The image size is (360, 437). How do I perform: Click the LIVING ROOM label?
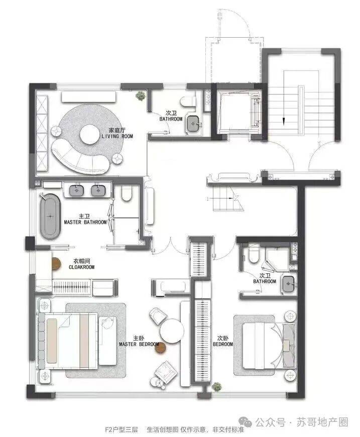click(x=117, y=136)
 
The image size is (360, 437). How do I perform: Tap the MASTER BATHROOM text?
click(x=85, y=222)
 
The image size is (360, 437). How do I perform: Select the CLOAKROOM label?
click(x=82, y=267)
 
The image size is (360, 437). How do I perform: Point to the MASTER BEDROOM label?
click(x=139, y=344)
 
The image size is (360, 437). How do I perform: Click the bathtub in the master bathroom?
click(x=50, y=216)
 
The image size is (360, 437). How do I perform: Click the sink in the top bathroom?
click(x=192, y=123)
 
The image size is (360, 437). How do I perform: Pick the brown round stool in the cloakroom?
click(x=56, y=264)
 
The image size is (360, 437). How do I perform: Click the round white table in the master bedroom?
click(x=172, y=331)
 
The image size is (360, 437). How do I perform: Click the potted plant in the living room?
click(x=141, y=95)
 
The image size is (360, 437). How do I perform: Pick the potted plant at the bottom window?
click(x=216, y=387)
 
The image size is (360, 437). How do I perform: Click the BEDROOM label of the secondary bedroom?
click(x=223, y=344)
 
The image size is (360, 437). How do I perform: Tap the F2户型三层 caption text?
click(x=121, y=429)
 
